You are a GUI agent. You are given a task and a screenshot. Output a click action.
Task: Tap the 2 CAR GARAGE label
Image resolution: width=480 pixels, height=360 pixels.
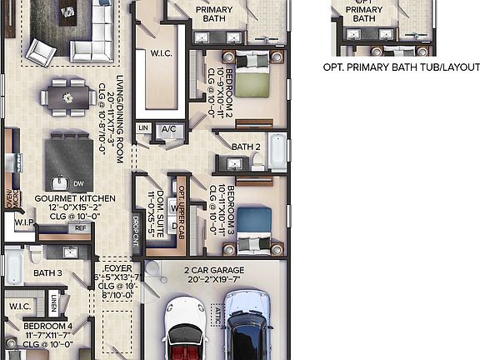(214, 270)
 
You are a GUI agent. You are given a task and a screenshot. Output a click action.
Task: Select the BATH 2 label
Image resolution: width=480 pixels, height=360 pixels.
(247, 147)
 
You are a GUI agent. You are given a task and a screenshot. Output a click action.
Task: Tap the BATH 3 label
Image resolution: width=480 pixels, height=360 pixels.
(48, 272)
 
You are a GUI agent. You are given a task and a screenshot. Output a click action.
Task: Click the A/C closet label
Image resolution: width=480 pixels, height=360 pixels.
(169, 128)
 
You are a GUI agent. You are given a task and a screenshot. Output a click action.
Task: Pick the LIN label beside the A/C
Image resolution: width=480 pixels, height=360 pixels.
(143, 127)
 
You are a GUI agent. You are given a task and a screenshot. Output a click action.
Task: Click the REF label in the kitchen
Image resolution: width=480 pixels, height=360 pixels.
(81, 227)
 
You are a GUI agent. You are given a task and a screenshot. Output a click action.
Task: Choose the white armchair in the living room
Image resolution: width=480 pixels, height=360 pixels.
(41, 52)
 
